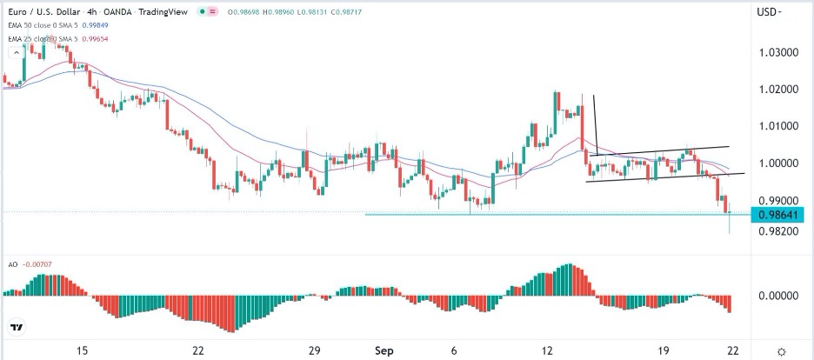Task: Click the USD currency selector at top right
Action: point(769,12)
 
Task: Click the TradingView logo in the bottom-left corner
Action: point(17,328)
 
